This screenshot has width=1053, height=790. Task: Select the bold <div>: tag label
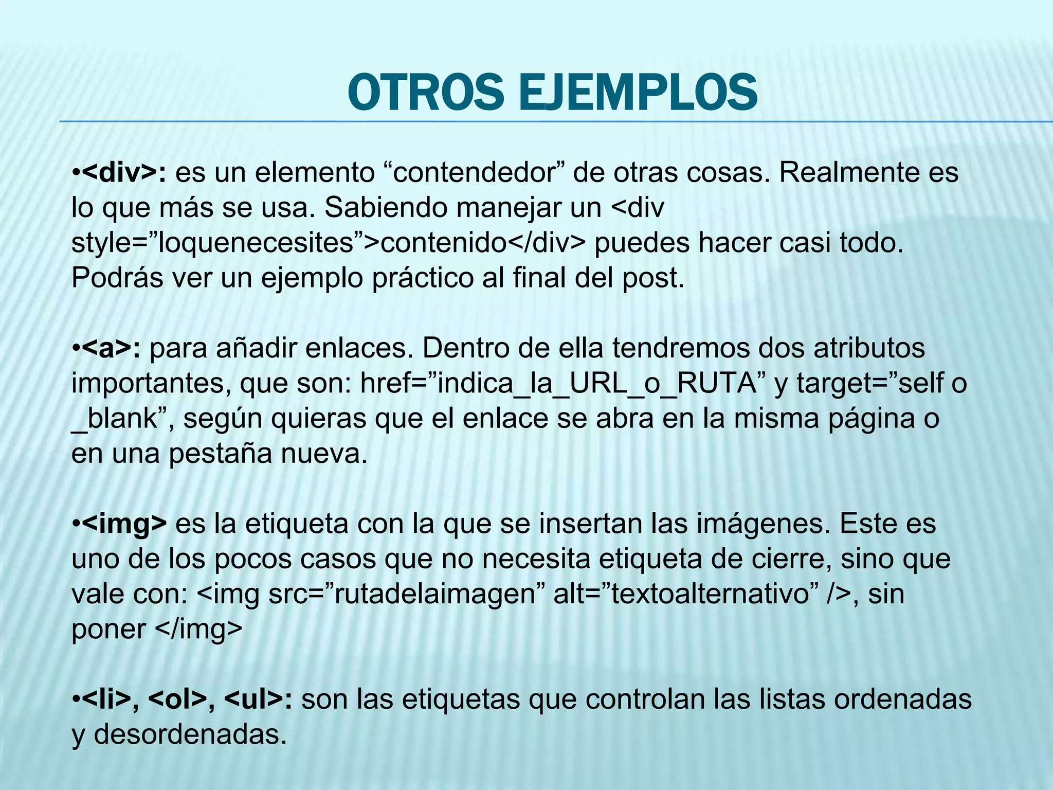123,173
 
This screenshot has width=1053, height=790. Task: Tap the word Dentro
466,349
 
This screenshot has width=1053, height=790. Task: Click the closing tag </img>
198,630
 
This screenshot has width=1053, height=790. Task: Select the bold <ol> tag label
177,699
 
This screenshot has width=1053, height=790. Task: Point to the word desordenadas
190,734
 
